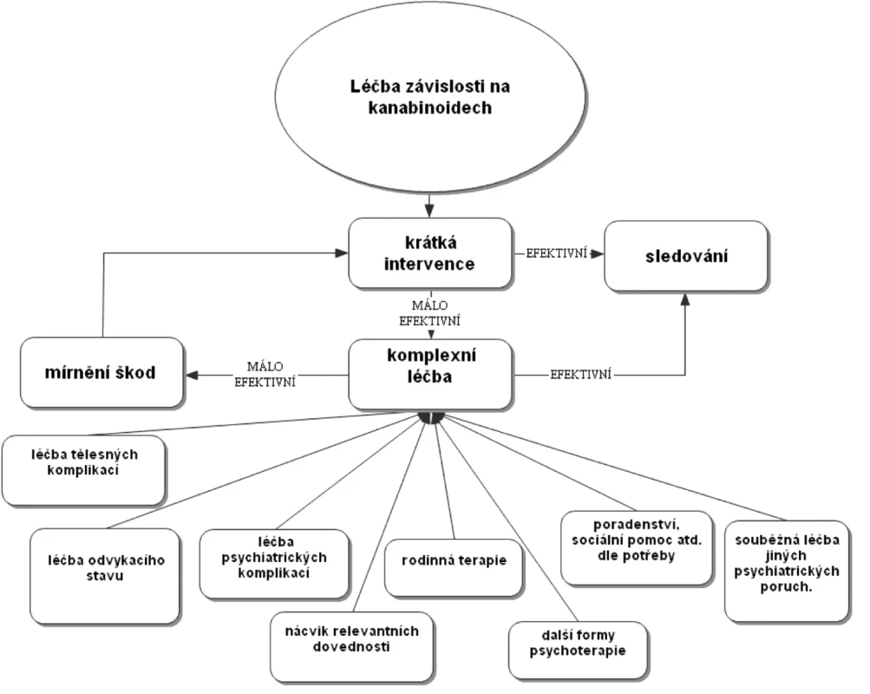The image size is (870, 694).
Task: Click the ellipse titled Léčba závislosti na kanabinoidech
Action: click(430, 97)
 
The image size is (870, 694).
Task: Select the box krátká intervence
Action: click(430, 253)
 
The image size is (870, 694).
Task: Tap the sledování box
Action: click(686, 256)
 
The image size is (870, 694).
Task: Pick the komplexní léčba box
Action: click(430, 375)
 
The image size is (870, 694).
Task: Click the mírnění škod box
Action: click(101, 373)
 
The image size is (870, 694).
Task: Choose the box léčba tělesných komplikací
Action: click(84, 470)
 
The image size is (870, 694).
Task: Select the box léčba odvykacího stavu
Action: click(105, 576)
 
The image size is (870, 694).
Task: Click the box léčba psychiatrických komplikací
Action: click(275, 564)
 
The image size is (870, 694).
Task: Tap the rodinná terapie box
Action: click(454, 568)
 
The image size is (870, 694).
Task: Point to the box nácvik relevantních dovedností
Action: click(352, 647)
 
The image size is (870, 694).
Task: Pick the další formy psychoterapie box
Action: click(578, 651)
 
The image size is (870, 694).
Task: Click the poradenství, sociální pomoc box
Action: click(637, 548)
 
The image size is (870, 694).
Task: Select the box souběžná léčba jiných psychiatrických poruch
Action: click(787, 572)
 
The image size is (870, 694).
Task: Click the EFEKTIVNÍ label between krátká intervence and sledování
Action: click(557, 253)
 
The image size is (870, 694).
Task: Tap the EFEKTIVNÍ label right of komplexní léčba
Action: click(581, 375)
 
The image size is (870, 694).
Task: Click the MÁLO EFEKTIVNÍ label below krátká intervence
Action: click(430, 313)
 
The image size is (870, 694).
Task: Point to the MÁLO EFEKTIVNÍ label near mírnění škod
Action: click(265, 375)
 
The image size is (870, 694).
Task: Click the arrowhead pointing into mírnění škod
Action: click(192, 375)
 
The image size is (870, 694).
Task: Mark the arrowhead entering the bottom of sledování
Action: click(685, 299)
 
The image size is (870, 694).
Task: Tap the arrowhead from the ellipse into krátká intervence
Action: click(428, 212)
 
